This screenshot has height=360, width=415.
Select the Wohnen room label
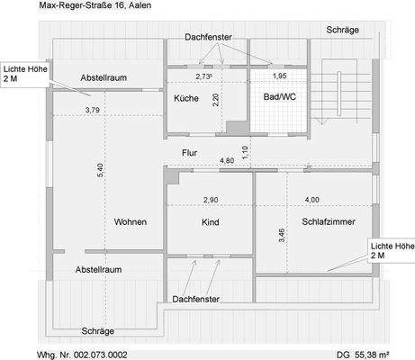(x=131, y=221)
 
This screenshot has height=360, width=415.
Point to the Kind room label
(x=211, y=221)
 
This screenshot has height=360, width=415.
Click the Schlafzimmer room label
(x=328, y=221)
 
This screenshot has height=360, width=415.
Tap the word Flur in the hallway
(x=189, y=152)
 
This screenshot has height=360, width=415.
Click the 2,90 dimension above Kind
(x=211, y=199)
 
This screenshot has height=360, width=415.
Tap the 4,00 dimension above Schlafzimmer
(x=311, y=199)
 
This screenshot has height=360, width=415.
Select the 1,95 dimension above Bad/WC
(x=280, y=77)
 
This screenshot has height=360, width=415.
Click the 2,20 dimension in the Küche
(x=215, y=100)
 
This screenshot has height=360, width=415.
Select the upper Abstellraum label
(x=103, y=77)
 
